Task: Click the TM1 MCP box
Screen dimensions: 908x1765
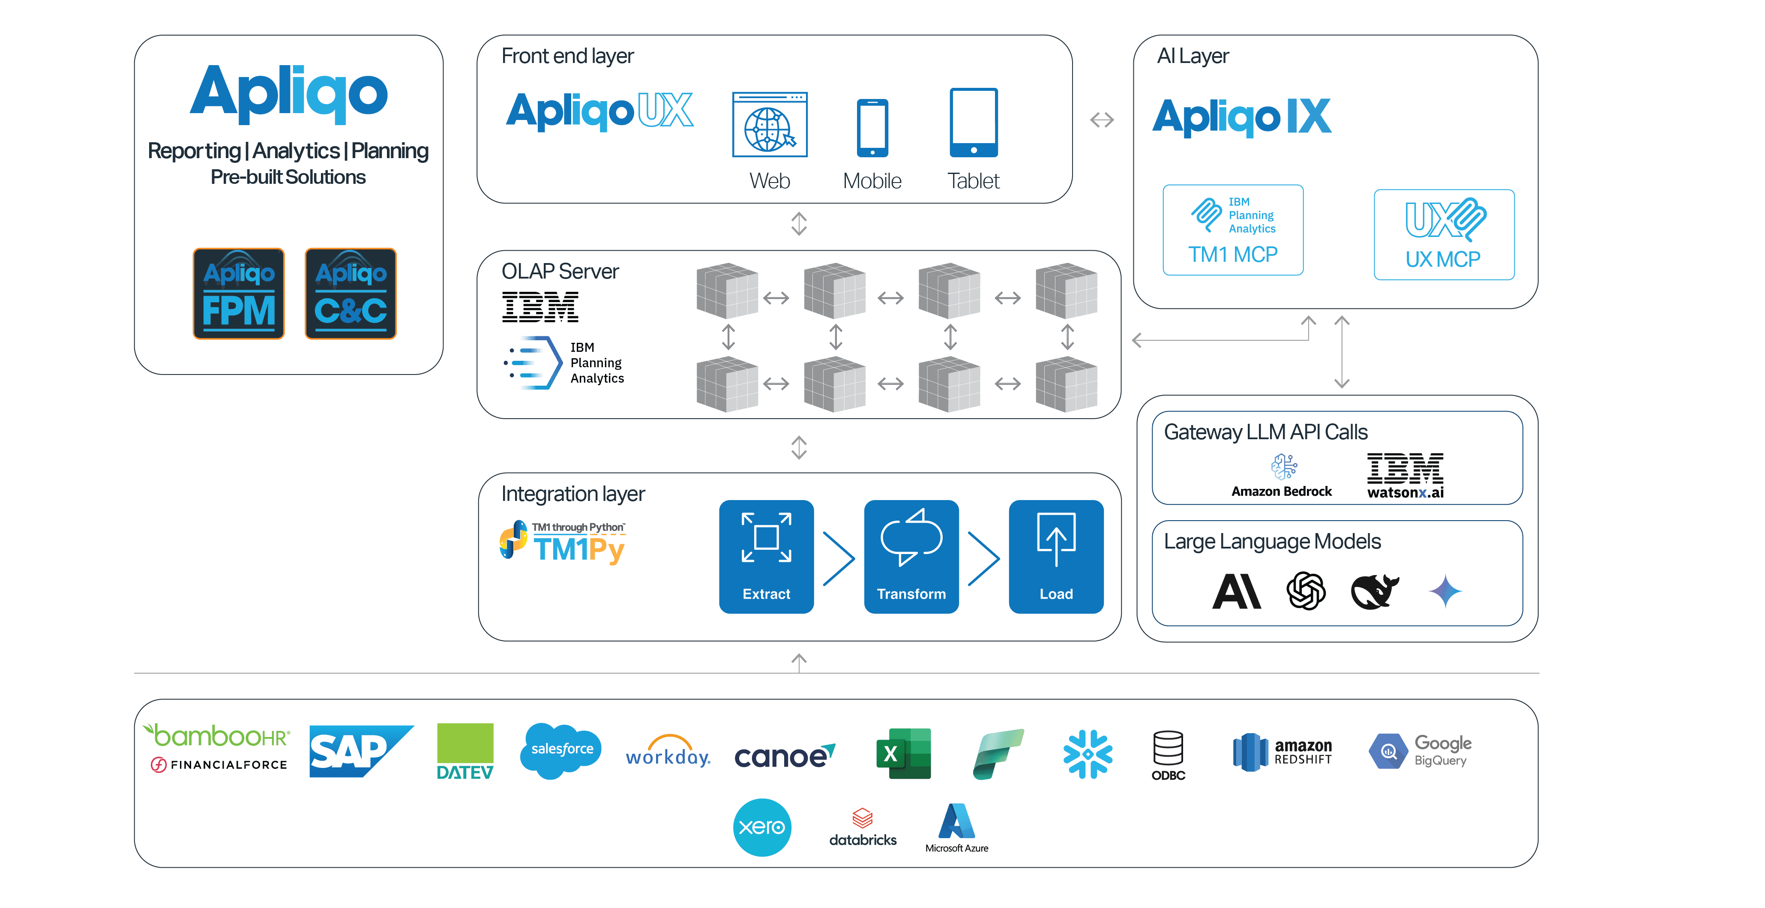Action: pos(1233,230)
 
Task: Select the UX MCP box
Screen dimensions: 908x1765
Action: pos(1444,234)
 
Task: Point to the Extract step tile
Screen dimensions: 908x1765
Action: pos(766,557)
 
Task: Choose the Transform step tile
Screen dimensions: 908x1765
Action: pos(911,557)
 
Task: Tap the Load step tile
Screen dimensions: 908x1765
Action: pos(1056,557)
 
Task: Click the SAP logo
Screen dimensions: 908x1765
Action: pos(359,751)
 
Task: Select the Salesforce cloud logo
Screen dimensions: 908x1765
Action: pos(561,750)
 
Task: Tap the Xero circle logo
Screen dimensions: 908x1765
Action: pos(762,827)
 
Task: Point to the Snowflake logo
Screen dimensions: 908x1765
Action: pos(1088,754)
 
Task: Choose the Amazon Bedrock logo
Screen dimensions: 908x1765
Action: pos(1283,475)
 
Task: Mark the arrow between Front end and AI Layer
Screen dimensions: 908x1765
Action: pos(1102,120)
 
